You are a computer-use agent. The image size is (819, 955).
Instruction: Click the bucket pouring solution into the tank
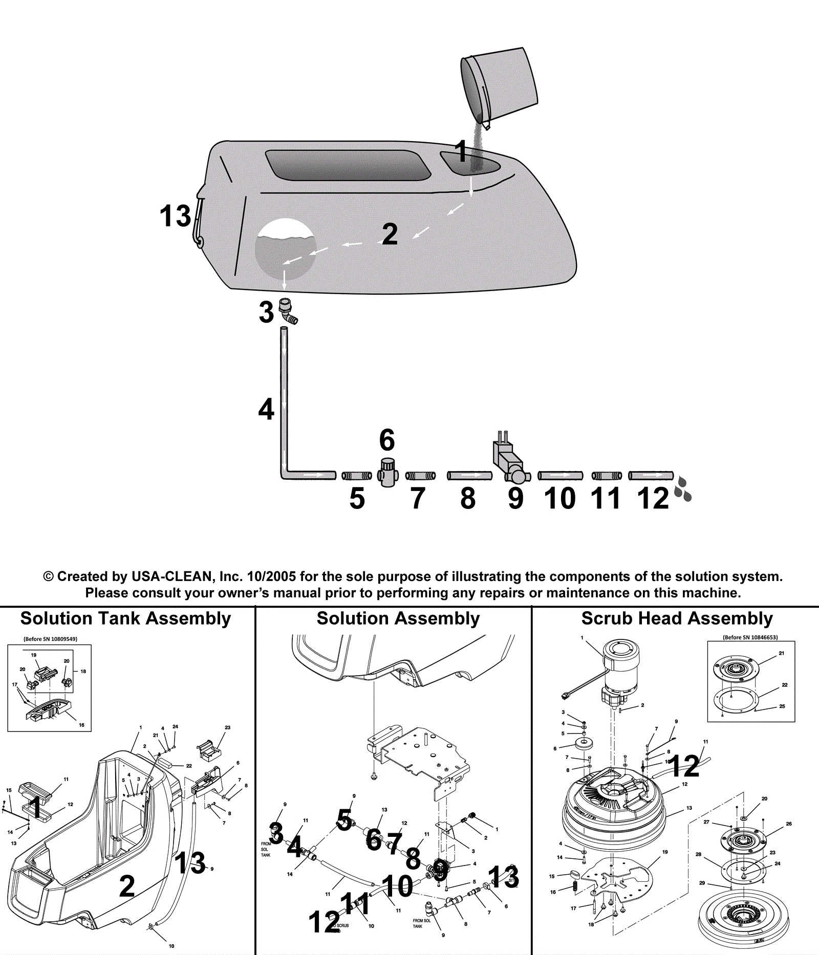(501, 84)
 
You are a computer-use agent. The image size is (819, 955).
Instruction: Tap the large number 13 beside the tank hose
(175, 216)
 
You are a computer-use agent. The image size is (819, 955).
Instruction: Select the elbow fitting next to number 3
(288, 312)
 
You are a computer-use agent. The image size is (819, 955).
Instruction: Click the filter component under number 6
(387, 472)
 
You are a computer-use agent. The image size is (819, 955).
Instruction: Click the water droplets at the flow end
(683, 488)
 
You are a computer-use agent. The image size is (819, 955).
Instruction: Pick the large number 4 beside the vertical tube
(266, 409)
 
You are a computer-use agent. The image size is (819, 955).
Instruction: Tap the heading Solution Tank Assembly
(125, 618)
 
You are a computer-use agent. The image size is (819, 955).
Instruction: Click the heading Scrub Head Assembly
(677, 618)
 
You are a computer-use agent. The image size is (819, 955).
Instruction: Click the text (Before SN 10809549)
(50, 639)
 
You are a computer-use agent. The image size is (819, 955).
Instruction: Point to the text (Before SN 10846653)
(750, 637)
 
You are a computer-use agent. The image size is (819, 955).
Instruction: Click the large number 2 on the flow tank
(390, 234)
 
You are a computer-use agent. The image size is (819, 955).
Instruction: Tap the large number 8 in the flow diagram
(468, 499)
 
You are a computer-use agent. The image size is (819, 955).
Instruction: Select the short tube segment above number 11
(607, 476)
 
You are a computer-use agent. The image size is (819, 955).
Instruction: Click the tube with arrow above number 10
(560, 476)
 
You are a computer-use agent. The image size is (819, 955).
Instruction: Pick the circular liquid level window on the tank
(285, 249)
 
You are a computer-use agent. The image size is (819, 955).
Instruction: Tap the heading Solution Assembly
(398, 618)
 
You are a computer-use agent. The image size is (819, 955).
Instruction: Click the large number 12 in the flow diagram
(653, 499)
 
